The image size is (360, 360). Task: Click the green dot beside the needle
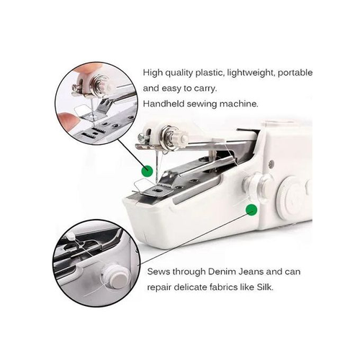click(x=147, y=171)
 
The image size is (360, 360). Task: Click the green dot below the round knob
click(x=251, y=210)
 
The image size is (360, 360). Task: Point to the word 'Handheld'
click(x=165, y=103)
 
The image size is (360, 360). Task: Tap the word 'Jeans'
click(x=259, y=273)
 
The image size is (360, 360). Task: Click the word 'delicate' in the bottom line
click(x=195, y=287)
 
